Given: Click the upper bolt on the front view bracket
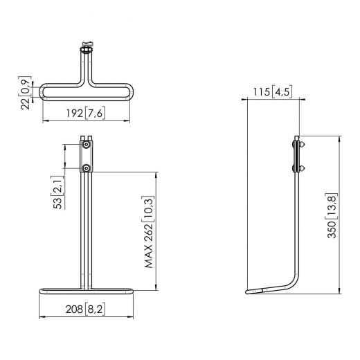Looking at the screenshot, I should pyautogui.click(x=86, y=146).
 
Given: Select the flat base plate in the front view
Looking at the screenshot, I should pyautogui.click(x=86, y=291).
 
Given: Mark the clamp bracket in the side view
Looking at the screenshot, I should pyautogui.click(x=298, y=155).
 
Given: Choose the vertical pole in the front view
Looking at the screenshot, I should pyautogui.click(x=86, y=228).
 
